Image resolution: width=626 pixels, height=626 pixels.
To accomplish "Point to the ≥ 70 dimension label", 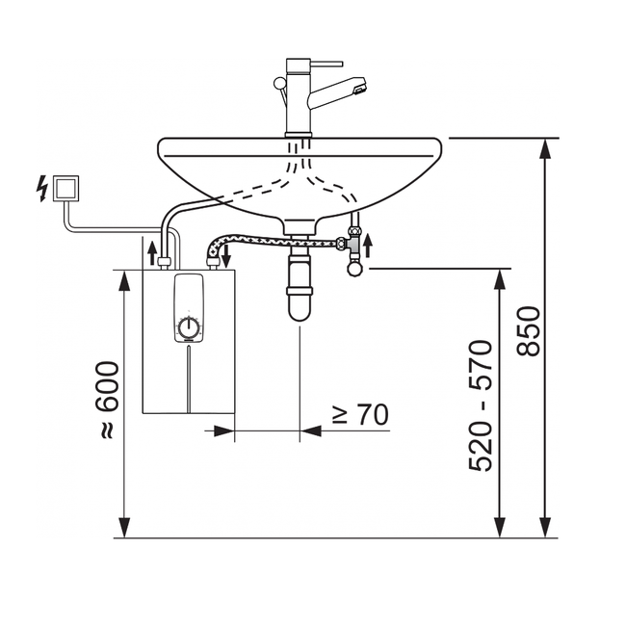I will pyautogui.click(x=358, y=415).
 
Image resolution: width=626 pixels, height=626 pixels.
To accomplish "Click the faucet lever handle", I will pyautogui.click(x=279, y=90).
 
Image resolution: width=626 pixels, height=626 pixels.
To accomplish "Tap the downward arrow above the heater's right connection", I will pyautogui.click(x=226, y=256).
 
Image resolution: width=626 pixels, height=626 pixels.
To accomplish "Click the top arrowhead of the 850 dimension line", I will pyautogui.click(x=546, y=147).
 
